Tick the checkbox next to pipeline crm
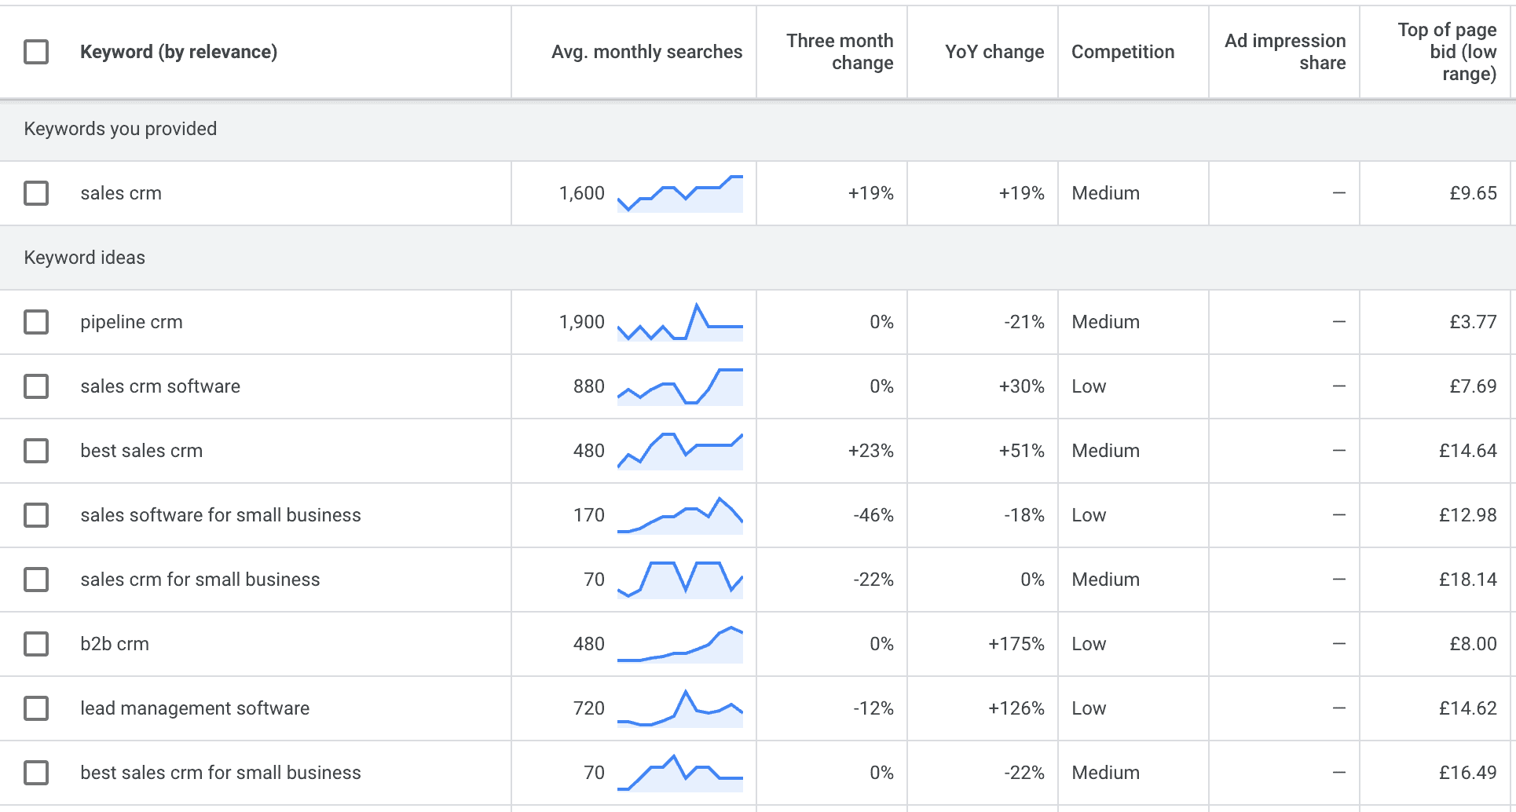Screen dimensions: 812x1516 [36, 322]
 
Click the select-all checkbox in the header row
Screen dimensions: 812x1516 [36, 52]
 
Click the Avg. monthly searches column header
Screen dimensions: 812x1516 [646, 52]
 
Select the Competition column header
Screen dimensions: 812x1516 [1122, 52]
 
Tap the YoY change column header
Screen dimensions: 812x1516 [994, 52]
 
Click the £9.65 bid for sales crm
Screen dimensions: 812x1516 [1472, 193]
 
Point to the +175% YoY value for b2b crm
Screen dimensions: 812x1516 [1016, 644]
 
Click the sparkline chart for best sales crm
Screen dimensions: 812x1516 [679, 451]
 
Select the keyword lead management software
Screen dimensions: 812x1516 [195, 708]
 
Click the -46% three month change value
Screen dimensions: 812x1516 [873, 515]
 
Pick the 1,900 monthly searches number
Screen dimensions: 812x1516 [581, 322]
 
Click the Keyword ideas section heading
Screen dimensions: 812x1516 [85, 258]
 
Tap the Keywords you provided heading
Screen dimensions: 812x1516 [120, 129]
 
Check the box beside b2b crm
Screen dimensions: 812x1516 [36, 644]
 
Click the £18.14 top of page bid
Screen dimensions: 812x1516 [1467, 580]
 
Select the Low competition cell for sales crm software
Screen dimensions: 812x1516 [1089, 386]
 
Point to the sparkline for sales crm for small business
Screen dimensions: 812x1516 [679, 580]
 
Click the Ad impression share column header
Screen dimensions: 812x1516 [1284, 52]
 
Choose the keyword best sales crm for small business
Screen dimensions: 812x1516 [221, 773]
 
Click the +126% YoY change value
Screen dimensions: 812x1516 [1016, 708]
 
